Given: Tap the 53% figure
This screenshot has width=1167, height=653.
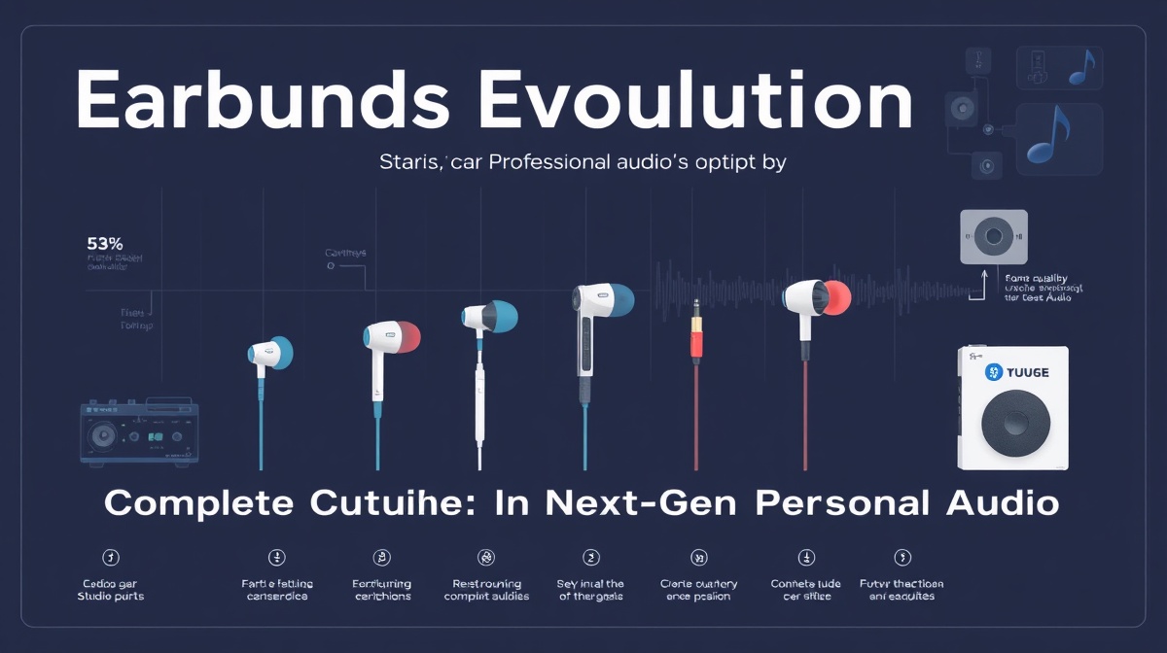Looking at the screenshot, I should pos(103,243).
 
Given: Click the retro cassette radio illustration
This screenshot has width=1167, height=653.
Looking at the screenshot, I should pos(139,431).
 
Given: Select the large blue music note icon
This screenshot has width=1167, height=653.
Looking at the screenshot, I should pos(1048,137).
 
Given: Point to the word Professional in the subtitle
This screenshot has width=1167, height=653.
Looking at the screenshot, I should pos(522,163).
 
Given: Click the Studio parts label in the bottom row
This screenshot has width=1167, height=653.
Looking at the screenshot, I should pos(110,595).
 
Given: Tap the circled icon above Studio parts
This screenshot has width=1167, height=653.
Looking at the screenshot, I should pos(110,557).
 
